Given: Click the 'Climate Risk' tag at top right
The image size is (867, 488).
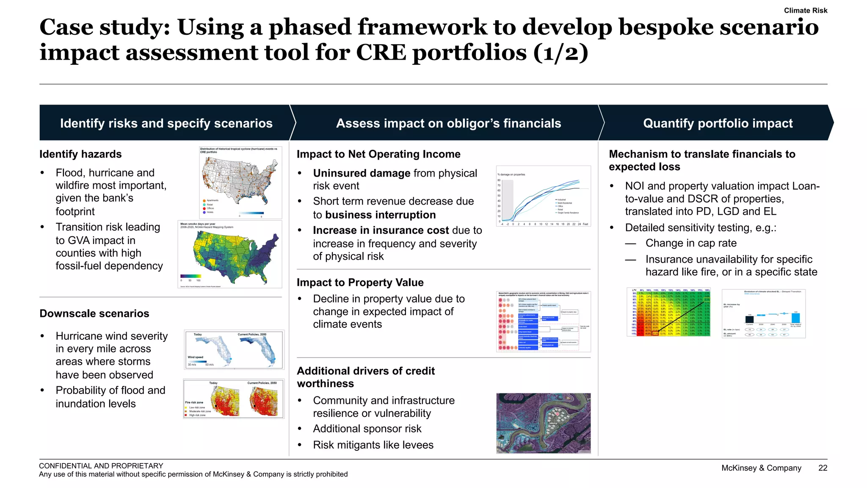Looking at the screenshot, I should (x=805, y=11).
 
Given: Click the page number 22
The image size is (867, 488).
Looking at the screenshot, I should (x=823, y=468).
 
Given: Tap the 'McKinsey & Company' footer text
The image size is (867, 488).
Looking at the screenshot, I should (x=761, y=468).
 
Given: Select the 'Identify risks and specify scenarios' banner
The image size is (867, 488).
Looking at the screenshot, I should (x=166, y=123).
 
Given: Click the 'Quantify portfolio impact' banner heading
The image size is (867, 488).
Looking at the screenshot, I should (x=718, y=123).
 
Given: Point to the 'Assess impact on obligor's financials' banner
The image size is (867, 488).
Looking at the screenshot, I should (x=448, y=123).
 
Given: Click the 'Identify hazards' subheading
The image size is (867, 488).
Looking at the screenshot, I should (x=80, y=154).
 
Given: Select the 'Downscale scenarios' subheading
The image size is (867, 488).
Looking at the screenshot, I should (x=94, y=313).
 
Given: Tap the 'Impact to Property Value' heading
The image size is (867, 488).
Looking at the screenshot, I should (x=360, y=283).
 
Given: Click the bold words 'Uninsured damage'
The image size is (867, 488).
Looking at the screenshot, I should (x=362, y=173).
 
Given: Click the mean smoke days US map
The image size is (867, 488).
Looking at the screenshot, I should (x=230, y=254).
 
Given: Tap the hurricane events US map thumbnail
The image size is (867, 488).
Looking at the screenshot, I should (x=240, y=182).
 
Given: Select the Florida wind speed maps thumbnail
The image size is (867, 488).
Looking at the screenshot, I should (x=234, y=349).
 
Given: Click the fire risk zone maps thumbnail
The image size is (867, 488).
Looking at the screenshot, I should (x=234, y=399).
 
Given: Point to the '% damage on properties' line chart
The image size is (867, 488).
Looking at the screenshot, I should (x=543, y=196).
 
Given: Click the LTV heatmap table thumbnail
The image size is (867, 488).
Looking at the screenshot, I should (x=668, y=312).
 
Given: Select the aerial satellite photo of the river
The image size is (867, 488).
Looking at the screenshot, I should (x=543, y=423).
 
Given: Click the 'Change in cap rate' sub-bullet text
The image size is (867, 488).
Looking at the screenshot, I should (x=691, y=243).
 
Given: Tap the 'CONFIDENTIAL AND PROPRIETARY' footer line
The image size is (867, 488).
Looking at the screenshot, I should (x=101, y=466).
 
